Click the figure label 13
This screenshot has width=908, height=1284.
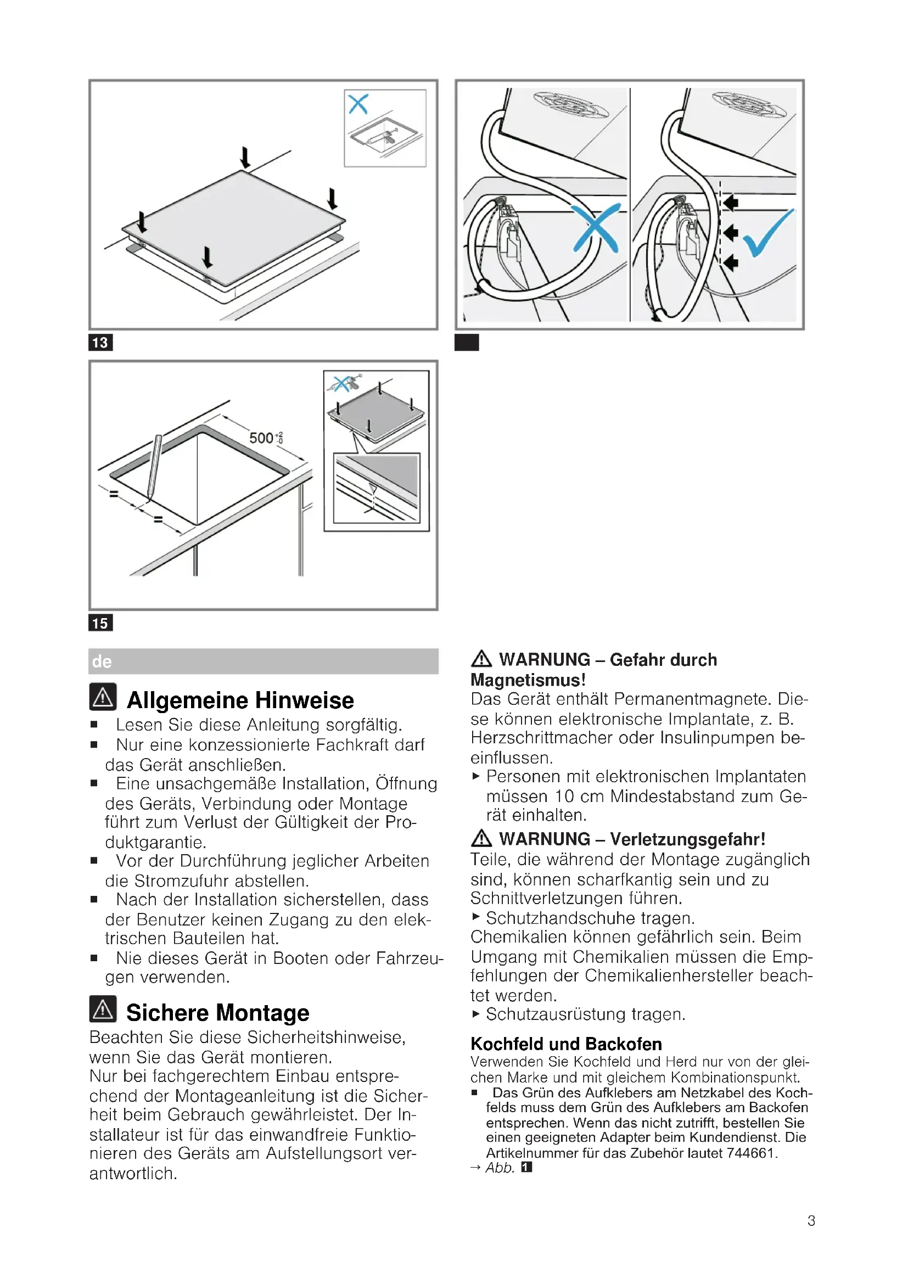(x=100, y=342)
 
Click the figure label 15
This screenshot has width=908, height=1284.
(x=100, y=623)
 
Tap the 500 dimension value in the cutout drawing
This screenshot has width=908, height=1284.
(x=262, y=438)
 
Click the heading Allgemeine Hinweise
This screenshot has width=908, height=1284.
(x=240, y=700)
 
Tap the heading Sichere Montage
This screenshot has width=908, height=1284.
(x=217, y=1013)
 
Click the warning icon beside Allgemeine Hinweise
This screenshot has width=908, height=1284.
(x=103, y=697)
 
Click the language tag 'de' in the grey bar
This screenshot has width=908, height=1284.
(x=102, y=661)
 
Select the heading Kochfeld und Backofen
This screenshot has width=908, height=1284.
(x=566, y=1044)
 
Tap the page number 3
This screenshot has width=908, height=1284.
(x=811, y=1221)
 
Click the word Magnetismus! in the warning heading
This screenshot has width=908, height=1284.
(x=528, y=680)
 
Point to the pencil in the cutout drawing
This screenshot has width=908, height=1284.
(x=155, y=467)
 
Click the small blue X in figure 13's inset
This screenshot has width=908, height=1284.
(x=358, y=104)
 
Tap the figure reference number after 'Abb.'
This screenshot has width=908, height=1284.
(x=526, y=1167)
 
